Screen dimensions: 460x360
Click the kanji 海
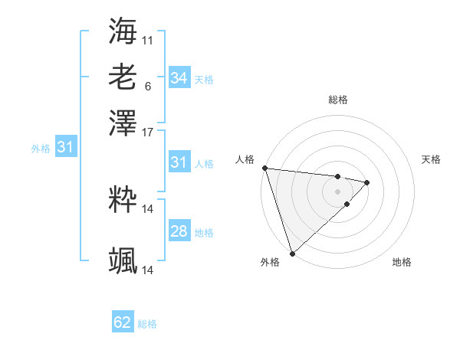[x=123, y=31]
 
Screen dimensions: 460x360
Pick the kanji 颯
[x=123, y=260]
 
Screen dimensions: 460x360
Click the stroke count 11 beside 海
[x=148, y=40]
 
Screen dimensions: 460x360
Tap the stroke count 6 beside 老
[x=147, y=86]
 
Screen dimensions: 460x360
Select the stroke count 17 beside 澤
[x=148, y=131]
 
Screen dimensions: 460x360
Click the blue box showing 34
[x=179, y=78]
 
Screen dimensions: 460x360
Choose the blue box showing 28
[x=179, y=231]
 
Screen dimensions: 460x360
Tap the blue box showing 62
[x=123, y=322]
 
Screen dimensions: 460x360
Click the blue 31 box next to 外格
[x=64, y=147]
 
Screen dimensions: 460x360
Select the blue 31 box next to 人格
[x=179, y=162]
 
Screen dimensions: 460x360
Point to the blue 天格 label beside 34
[x=204, y=80]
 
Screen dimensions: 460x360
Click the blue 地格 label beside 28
[x=204, y=233]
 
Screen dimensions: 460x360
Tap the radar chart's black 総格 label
[x=338, y=100]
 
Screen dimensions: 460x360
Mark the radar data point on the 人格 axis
[x=264, y=168]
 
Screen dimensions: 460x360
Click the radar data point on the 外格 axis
[x=292, y=253]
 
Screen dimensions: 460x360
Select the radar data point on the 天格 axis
[x=367, y=182]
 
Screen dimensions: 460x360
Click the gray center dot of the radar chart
[x=338, y=191]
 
